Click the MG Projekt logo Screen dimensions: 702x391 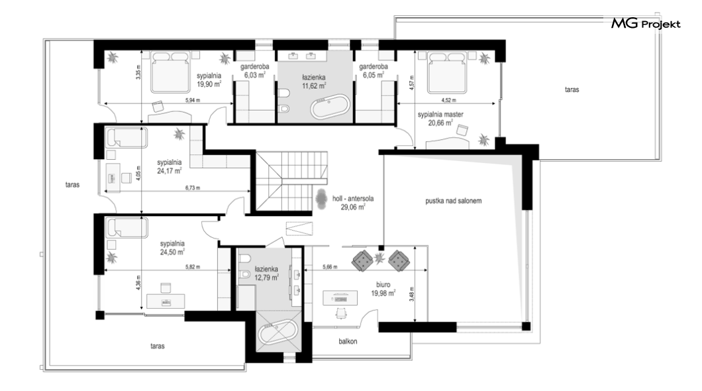click(646, 23)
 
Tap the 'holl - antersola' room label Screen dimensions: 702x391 click(353, 198)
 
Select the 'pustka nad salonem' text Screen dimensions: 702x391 click(454, 201)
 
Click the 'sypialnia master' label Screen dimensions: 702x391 click(440, 114)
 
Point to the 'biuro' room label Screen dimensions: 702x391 click(383, 284)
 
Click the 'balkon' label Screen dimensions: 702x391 click(348, 341)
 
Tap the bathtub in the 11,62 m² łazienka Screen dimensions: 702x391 click(330, 106)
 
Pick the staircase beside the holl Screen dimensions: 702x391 click(291, 180)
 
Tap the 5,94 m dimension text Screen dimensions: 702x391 click(193, 100)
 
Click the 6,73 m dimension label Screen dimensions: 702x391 click(193, 188)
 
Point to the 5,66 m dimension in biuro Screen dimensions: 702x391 click(330, 267)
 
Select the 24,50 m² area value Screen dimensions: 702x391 click(172, 252)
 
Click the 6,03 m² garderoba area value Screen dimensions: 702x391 click(255, 75)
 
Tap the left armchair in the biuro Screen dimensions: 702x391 click(362, 260)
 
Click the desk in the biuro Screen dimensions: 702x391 click(340, 298)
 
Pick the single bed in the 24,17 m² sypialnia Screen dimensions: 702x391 click(126, 138)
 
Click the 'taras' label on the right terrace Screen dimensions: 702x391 click(572, 89)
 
